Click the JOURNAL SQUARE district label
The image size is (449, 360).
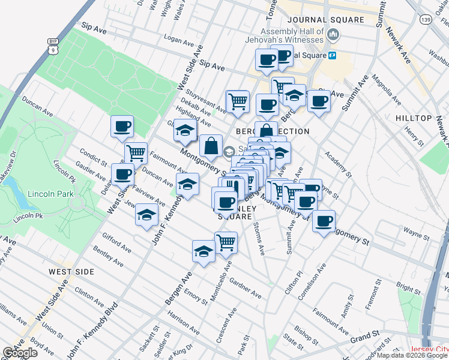325,20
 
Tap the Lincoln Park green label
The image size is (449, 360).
51,194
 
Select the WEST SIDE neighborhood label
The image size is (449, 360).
71,272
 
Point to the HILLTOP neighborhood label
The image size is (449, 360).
414,118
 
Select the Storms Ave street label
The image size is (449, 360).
259,238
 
